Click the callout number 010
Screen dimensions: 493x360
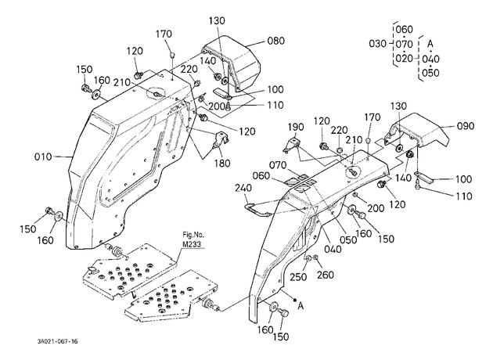pyautogui.click(x=43, y=157)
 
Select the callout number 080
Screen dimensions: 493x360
pyautogui.click(x=275, y=41)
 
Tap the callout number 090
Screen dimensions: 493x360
pyautogui.click(x=465, y=126)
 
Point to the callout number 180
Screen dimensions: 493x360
pyautogui.click(x=222, y=164)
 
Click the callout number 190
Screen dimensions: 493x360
pyautogui.click(x=296, y=127)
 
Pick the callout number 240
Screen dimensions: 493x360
pyautogui.click(x=243, y=188)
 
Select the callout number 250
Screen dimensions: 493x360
pyautogui.click(x=298, y=277)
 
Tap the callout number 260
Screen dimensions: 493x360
pyautogui.click(x=325, y=275)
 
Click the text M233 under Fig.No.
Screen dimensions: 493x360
pyautogui.click(x=192, y=244)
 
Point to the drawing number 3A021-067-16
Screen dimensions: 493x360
pyautogui.click(x=57, y=341)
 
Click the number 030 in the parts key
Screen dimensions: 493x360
pyautogui.click(x=378, y=43)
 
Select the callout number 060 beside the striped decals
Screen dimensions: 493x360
pyautogui.click(x=261, y=176)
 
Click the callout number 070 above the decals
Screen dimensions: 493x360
pyautogui.click(x=278, y=165)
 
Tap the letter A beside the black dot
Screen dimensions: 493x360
pyautogui.click(x=301, y=305)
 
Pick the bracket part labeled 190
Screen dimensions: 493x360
pyautogui.click(x=292, y=145)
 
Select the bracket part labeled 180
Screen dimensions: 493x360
pyautogui.click(x=221, y=139)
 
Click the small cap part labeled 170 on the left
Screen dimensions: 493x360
pyautogui.click(x=172, y=55)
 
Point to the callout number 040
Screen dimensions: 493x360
pyautogui.click(x=333, y=249)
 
